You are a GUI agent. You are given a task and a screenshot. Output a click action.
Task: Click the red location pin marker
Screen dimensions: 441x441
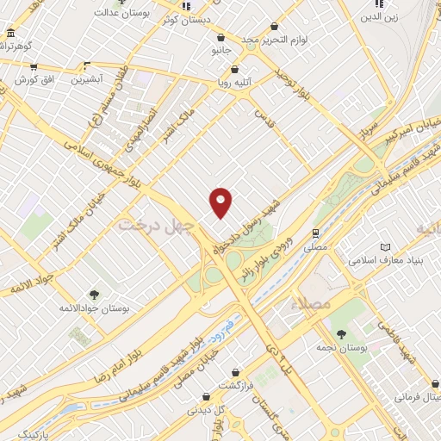click(221, 202)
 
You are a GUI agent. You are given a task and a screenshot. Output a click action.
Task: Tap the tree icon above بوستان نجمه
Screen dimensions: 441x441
click(341, 334)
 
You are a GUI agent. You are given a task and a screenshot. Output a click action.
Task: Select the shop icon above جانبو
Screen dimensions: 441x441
click(222, 38)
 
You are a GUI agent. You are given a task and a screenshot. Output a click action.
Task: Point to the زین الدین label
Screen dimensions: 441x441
click(379, 16)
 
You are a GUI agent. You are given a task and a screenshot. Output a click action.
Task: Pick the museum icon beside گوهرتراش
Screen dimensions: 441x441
click(10, 34)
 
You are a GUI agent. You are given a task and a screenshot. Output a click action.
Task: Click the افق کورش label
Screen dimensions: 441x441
click(34, 79)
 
